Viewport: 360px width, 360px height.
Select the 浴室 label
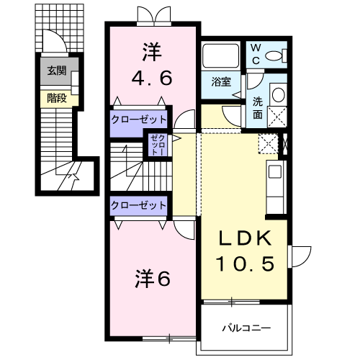coord(221,81)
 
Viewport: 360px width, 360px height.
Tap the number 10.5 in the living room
coord(245,265)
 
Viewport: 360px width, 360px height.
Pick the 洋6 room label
coord(153,277)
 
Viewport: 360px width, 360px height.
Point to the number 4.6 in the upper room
coord(151,77)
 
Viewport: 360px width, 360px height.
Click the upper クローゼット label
coord(139,119)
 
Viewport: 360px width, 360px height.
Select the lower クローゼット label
coord(139,205)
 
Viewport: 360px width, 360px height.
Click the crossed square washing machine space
coord(277,116)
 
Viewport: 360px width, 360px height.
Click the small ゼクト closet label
coord(157,146)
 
